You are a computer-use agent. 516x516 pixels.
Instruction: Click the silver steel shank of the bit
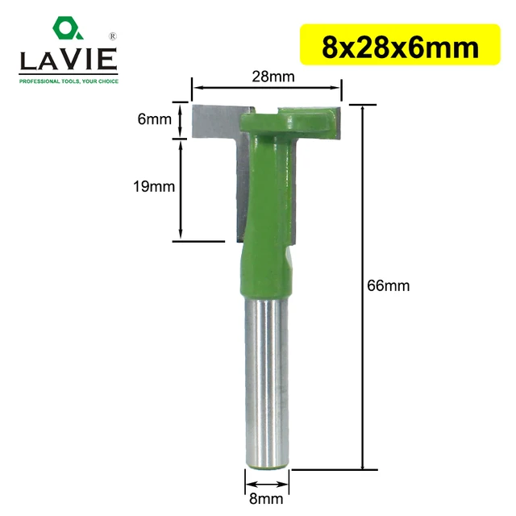coord(266,379)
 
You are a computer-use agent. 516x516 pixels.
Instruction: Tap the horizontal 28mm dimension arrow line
coord(266,89)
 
